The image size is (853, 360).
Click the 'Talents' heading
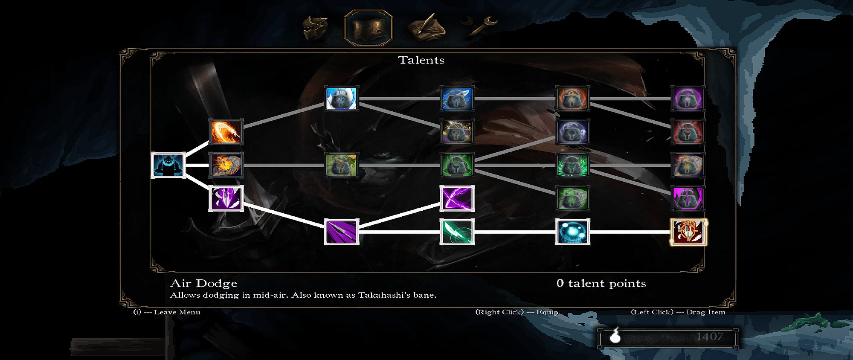coord(421,60)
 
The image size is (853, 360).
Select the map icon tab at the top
coord(368,28)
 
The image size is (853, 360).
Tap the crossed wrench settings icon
coord(480,26)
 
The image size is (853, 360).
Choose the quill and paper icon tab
coord(425,27)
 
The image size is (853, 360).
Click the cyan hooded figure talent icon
coord(168,165)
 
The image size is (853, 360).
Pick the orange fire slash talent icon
coord(226,132)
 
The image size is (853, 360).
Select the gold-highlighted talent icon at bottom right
coord(688,232)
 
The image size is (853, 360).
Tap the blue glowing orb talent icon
coord(572,232)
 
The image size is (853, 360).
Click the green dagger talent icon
coord(457,232)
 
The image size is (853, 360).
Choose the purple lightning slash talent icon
coord(457,198)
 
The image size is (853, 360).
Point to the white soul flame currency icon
coord(615,336)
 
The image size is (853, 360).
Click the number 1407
coord(710,337)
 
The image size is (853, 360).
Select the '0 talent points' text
coord(601,284)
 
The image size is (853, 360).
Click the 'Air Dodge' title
coord(204,284)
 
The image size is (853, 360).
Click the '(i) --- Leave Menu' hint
coord(167,312)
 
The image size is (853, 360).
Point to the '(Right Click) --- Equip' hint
coord(517,312)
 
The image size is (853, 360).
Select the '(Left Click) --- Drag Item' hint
coord(678,312)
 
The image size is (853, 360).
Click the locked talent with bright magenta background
coord(688,198)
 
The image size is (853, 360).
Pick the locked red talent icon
coord(688,132)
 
